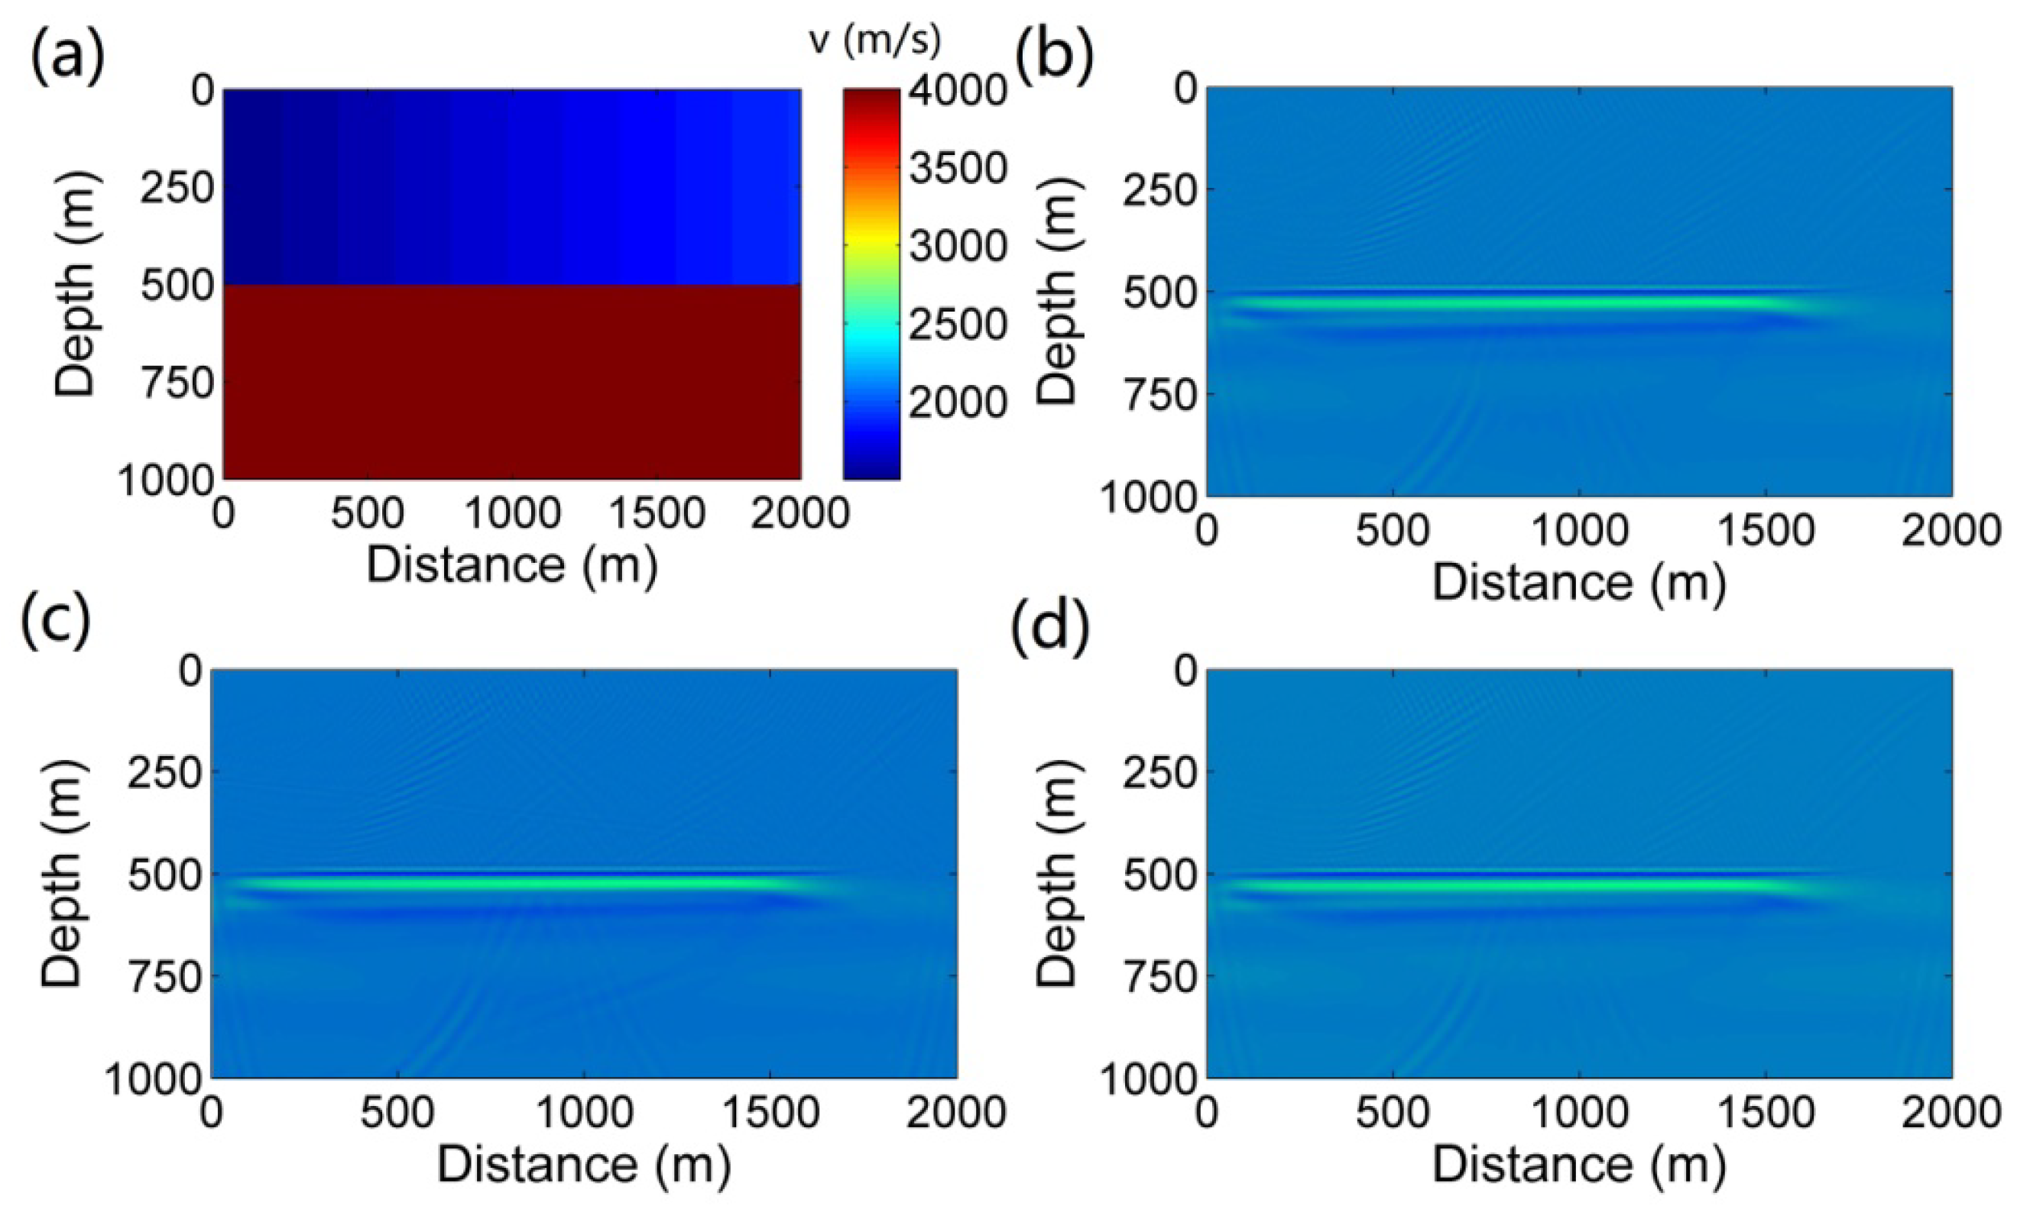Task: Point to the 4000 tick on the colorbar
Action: click(x=958, y=90)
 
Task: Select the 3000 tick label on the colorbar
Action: click(x=958, y=245)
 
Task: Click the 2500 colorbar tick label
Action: click(x=958, y=323)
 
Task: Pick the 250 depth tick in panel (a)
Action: click(x=177, y=189)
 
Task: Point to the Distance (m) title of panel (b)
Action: click(x=1579, y=582)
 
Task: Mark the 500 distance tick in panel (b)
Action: click(x=1393, y=531)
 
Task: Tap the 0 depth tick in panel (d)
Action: click(x=1185, y=671)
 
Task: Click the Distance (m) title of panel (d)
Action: click(x=1579, y=1164)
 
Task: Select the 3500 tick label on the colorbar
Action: click(x=958, y=168)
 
